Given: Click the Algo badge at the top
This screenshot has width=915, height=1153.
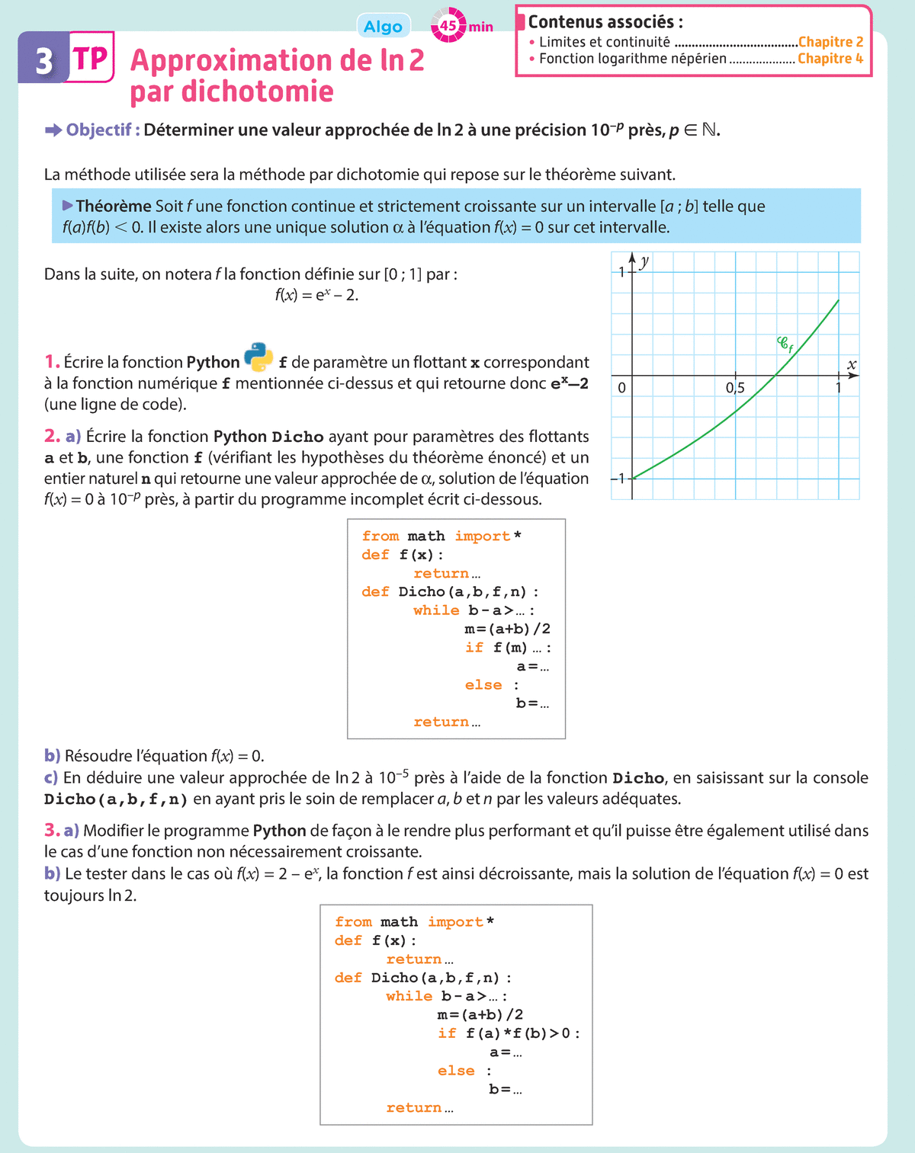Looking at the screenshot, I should [x=383, y=27].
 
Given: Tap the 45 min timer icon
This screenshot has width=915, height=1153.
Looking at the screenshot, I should [x=448, y=26].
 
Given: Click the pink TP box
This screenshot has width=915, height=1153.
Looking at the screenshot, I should [x=91, y=58].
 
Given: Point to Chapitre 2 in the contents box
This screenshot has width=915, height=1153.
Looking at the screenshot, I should [x=830, y=42].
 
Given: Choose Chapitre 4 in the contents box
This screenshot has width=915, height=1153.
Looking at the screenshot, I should [x=830, y=59].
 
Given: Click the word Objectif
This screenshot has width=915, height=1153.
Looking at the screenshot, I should [x=99, y=130].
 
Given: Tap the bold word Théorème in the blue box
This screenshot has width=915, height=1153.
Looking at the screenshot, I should [x=113, y=206].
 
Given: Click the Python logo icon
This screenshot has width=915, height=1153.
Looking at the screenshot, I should [x=258, y=357].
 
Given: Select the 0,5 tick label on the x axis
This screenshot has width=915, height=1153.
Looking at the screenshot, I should [x=735, y=388].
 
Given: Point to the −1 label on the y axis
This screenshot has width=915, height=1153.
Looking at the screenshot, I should [x=618, y=479].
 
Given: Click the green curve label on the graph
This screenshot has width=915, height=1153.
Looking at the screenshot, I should [x=785, y=344].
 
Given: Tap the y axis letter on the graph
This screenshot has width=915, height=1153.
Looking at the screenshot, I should [x=645, y=261].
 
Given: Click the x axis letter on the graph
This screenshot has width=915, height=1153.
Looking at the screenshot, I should [x=852, y=365].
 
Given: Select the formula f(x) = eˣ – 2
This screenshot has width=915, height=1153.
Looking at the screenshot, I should [x=316, y=295].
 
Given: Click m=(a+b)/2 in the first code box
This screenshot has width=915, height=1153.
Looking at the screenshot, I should [x=507, y=629].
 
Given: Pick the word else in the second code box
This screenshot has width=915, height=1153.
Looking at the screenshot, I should [x=456, y=1071].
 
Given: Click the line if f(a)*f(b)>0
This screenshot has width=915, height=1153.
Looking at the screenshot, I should [x=508, y=1033].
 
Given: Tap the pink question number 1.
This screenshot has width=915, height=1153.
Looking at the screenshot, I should [x=51, y=362].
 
